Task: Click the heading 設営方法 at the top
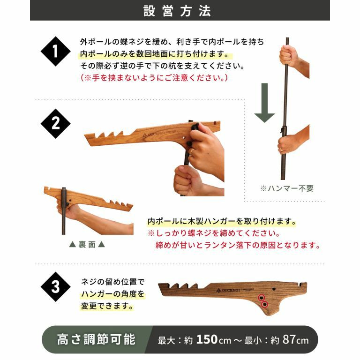(x=177, y=11)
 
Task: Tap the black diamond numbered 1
(x=56, y=51)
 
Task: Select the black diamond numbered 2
(x=56, y=124)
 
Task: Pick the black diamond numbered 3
(x=56, y=287)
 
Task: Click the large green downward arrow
(x=264, y=103)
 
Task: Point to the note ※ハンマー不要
(x=287, y=188)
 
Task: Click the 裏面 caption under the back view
(x=87, y=245)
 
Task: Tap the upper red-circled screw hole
(x=261, y=298)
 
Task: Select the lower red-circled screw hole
(x=265, y=304)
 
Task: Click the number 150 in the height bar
(x=207, y=339)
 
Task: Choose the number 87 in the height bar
(x=289, y=339)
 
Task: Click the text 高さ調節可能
(x=96, y=339)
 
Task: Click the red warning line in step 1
(x=154, y=78)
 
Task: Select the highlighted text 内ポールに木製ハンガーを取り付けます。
(x=222, y=221)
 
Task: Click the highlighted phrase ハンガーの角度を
(x=113, y=294)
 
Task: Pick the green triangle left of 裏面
(x=73, y=245)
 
